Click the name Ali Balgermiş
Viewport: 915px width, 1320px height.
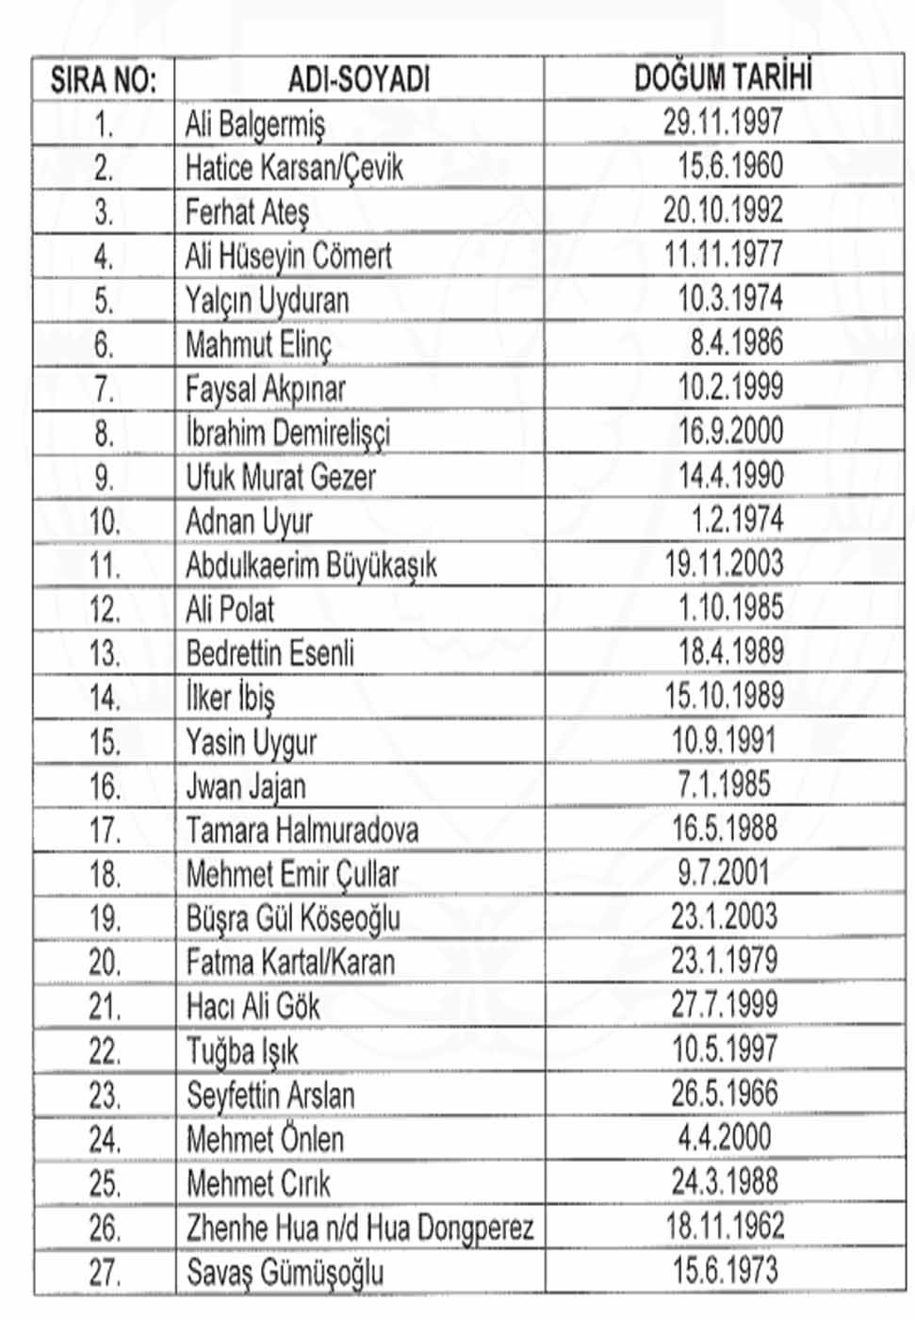coord(254,124)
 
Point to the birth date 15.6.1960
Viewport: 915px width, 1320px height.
coord(730,166)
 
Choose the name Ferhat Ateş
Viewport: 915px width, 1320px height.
coord(247,212)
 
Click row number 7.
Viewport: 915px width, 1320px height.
coord(104,389)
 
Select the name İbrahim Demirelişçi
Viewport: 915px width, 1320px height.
coord(287,434)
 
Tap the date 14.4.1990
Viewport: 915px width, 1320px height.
coord(730,475)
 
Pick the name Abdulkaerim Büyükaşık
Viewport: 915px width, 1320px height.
coord(311,566)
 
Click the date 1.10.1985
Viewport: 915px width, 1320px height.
coord(730,607)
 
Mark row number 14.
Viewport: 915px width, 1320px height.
coord(104,699)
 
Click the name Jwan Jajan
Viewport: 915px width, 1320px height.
coord(245,786)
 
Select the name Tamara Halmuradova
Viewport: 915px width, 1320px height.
coord(302,831)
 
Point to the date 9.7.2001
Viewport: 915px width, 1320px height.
coord(723,872)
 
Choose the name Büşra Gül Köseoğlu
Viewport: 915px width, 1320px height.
coord(293,918)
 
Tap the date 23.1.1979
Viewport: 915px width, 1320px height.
coord(724,961)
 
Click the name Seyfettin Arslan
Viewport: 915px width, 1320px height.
coord(270,1096)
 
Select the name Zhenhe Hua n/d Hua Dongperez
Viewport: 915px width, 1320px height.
coord(360,1228)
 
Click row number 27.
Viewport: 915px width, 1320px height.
coord(104,1273)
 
